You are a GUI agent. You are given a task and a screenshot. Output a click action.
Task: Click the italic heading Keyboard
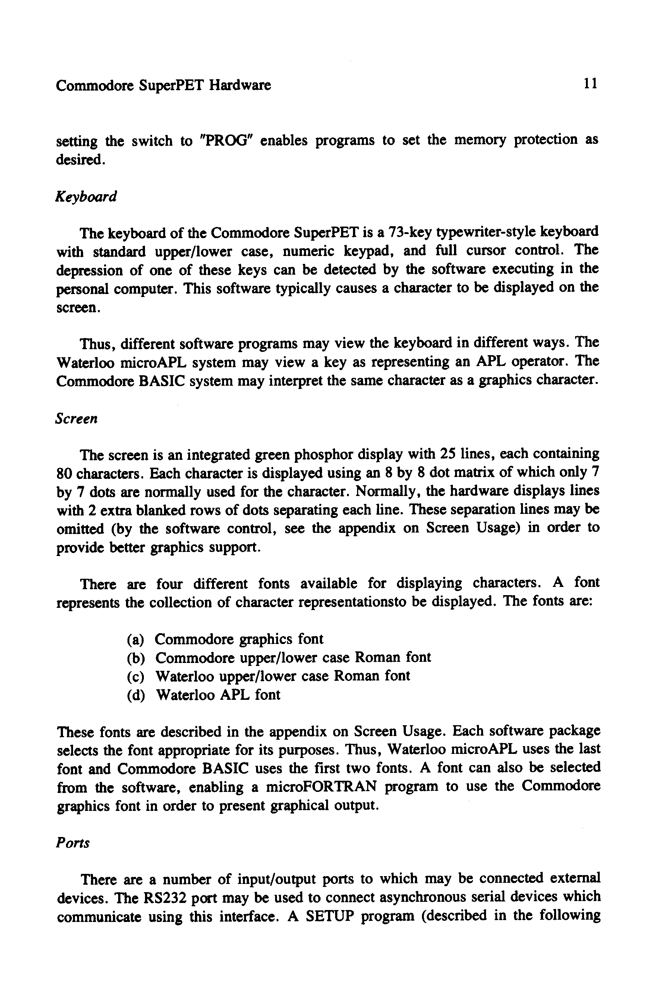click(x=86, y=196)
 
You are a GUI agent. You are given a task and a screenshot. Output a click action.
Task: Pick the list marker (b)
click(x=136, y=658)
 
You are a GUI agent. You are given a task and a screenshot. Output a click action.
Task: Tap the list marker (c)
click(x=136, y=677)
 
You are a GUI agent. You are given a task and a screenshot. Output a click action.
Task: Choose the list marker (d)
click(x=136, y=695)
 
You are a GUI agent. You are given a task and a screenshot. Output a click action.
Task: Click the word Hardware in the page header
click(x=240, y=85)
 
